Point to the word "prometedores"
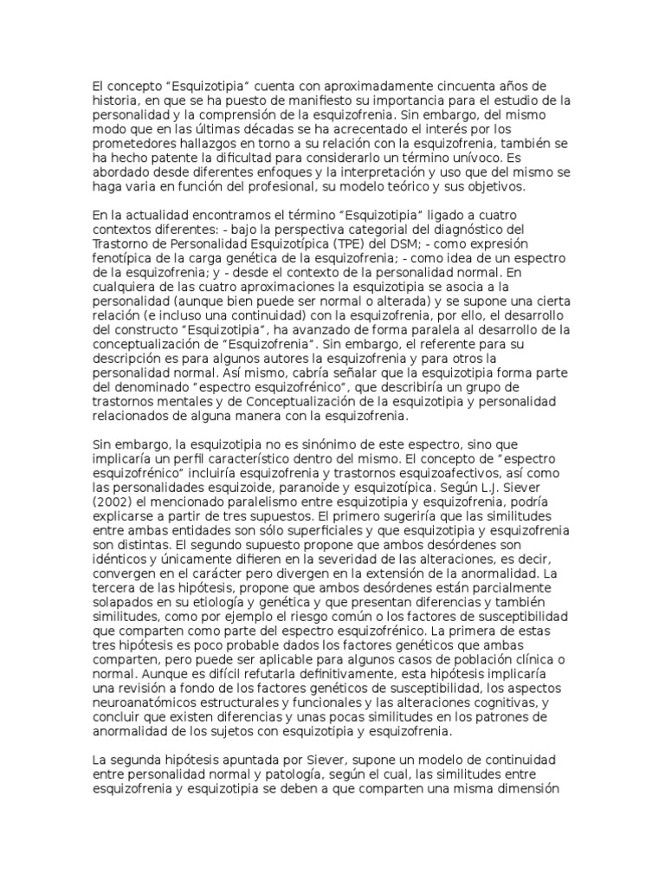[x=135, y=145]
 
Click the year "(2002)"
[x=113, y=502]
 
